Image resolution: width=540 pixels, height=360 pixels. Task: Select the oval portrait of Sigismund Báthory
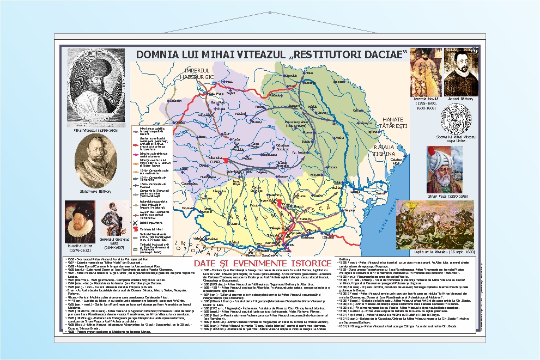pos(97,161)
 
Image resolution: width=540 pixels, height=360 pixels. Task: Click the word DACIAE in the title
pos(386,54)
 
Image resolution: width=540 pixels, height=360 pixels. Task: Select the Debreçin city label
pos(175,101)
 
